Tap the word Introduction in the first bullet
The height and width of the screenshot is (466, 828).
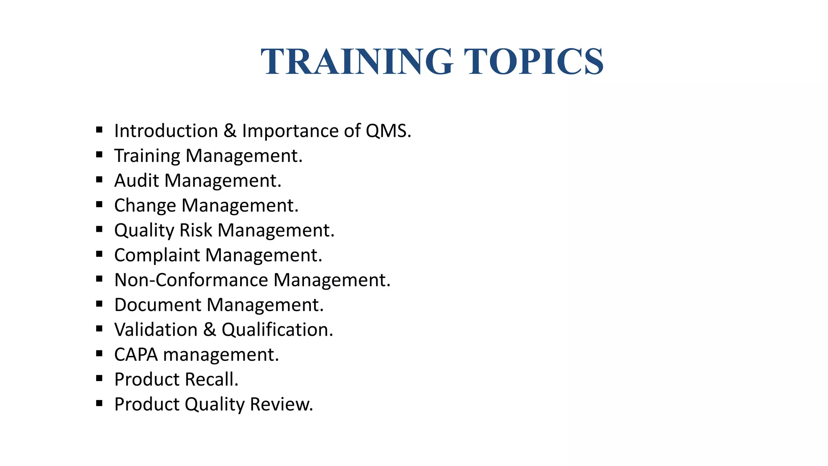[166, 131]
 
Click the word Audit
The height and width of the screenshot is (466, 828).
[136, 180]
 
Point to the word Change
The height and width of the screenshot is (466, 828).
[145, 205]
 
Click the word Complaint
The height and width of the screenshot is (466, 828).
[157, 255]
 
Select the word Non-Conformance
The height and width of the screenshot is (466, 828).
[191, 280]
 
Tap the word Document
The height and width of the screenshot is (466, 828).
[158, 305]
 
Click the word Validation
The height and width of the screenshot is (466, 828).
[156, 330]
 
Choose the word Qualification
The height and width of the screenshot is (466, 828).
[277, 330]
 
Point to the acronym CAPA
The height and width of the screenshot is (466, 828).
[136, 355]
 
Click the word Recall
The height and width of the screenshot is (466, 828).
[211, 379]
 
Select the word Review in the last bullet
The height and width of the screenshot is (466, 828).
[281, 405]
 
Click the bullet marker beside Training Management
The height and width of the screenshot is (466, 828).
[99, 155]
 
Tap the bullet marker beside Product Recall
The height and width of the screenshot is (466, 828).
[99, 379]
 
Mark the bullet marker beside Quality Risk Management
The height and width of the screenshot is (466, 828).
[99, 229]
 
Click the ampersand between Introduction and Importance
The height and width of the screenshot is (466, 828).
[230, 131]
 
